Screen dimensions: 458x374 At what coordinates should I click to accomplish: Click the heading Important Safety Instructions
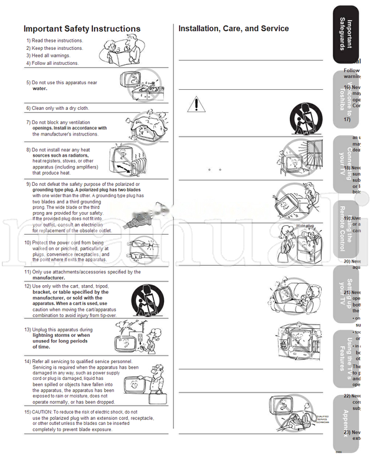tap(82, 29)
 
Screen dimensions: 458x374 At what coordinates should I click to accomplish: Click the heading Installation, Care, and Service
tap(233, 29)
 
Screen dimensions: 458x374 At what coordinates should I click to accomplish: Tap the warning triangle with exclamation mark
tap(196, 104)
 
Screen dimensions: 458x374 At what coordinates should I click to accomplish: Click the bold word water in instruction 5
tap(40, 89)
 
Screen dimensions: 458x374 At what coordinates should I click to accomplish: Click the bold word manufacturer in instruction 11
tap(53, 278)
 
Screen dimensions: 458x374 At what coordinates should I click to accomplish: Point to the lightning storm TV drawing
tap(135, 337)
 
